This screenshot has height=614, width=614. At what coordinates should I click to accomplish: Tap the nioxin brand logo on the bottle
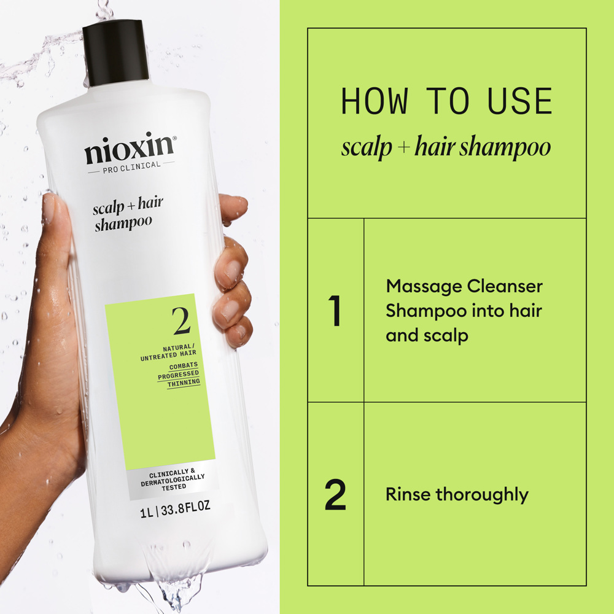coord(130,149)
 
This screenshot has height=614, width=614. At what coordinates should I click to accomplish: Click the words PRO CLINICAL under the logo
coord(131,165)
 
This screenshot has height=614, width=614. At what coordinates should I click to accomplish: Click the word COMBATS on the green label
coord(184,366)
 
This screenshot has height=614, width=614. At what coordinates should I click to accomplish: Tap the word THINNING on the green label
coord(184,382)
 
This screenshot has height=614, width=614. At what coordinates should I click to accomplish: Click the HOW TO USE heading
coord(446,102)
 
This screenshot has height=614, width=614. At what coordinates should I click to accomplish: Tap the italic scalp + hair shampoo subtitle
coord(446,148)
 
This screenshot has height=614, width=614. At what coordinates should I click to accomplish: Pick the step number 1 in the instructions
coord(335,311)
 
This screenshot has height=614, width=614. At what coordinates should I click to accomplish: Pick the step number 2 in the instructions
coord(335,495)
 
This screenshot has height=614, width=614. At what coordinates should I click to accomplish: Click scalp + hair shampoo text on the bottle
coord(127,216)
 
